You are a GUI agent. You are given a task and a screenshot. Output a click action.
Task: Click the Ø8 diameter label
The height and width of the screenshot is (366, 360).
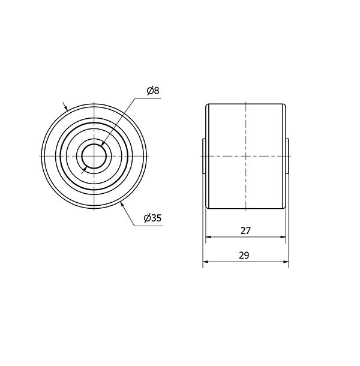tap(153, 91)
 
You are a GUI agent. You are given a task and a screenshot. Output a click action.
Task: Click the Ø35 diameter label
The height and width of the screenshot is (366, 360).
tap(152, 218)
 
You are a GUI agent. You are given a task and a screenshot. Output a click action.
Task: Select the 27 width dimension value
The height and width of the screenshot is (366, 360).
tap(245, 230)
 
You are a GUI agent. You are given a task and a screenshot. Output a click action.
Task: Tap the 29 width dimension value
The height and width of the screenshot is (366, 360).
tap(244, 256)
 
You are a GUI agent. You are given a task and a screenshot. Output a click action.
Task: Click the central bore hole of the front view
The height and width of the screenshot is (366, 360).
tap(94, 156)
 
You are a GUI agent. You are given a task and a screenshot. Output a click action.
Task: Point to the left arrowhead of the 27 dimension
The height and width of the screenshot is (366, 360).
tap(208, 236)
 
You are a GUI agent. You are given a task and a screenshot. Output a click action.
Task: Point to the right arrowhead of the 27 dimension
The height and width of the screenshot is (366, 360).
tap(283, 236)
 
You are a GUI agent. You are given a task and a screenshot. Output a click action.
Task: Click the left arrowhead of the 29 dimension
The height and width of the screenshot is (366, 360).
tap(205, 262)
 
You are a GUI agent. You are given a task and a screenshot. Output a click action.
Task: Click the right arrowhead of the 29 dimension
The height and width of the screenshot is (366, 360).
tap(286, 262)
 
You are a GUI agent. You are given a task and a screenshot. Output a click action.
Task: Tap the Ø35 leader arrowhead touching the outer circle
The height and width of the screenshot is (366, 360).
tap(122, 205)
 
